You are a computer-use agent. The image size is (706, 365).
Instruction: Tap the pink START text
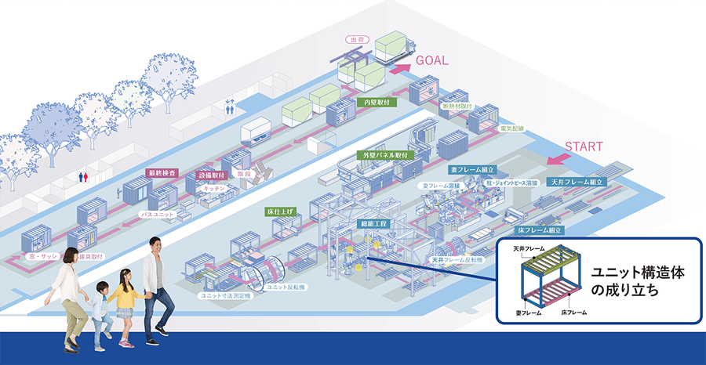(584, 146)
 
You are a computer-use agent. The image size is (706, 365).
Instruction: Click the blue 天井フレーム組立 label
(578, 182)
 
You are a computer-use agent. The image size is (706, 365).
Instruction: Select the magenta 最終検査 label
(161, 172)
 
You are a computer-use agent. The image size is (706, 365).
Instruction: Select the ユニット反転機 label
(280, 287)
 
